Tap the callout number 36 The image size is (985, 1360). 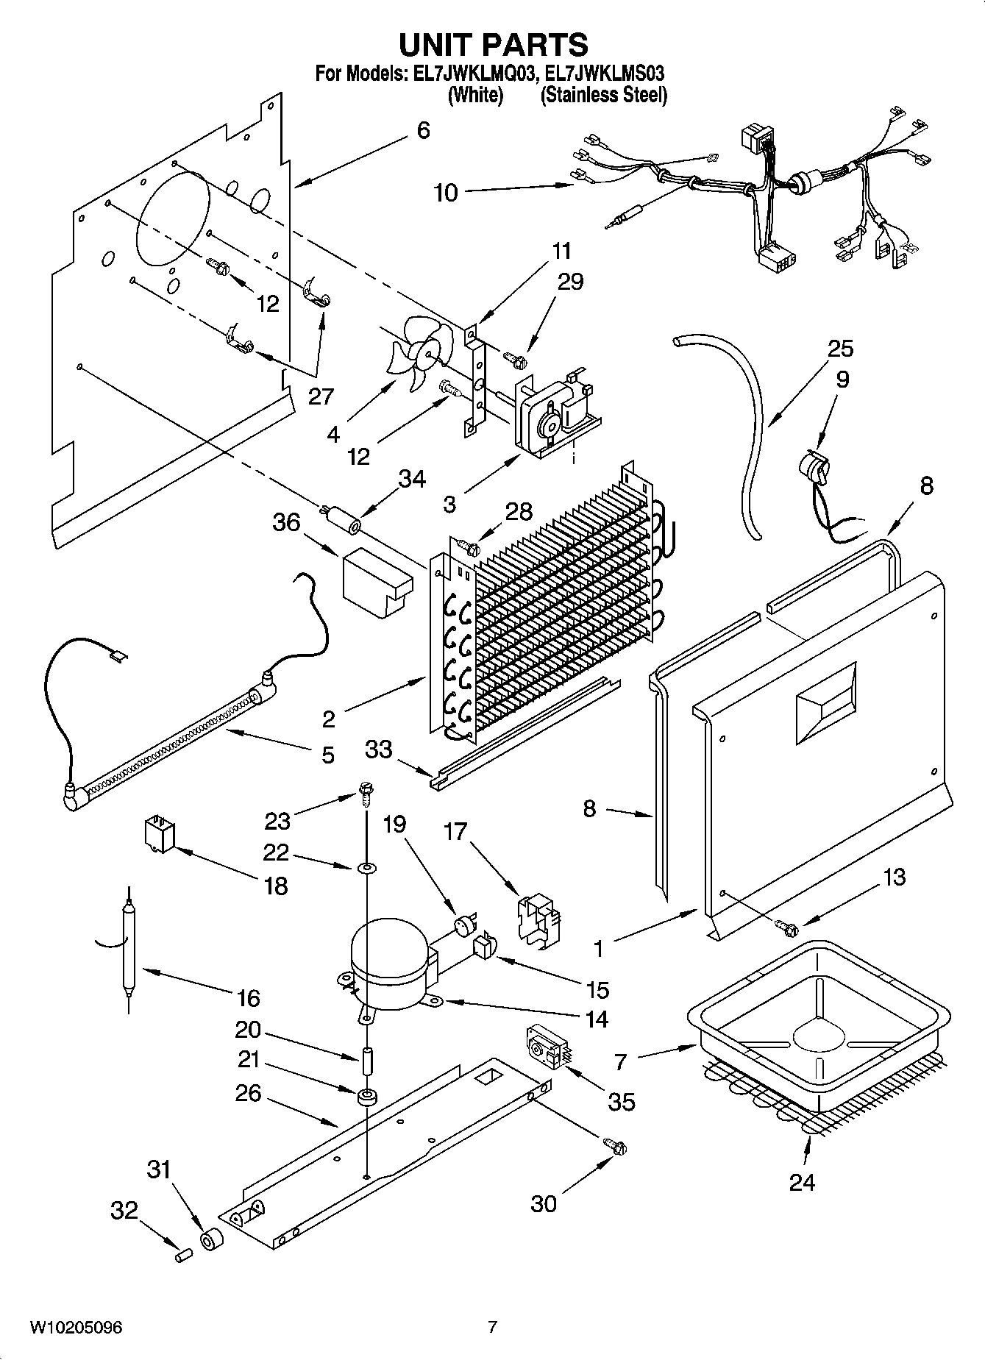tap(286, 522)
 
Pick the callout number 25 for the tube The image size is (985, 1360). tap(840, 348)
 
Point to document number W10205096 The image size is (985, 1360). tap(76, 1327)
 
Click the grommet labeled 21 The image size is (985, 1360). tap(366, 1097)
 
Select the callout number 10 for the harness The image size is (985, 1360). tap(446, 193)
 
